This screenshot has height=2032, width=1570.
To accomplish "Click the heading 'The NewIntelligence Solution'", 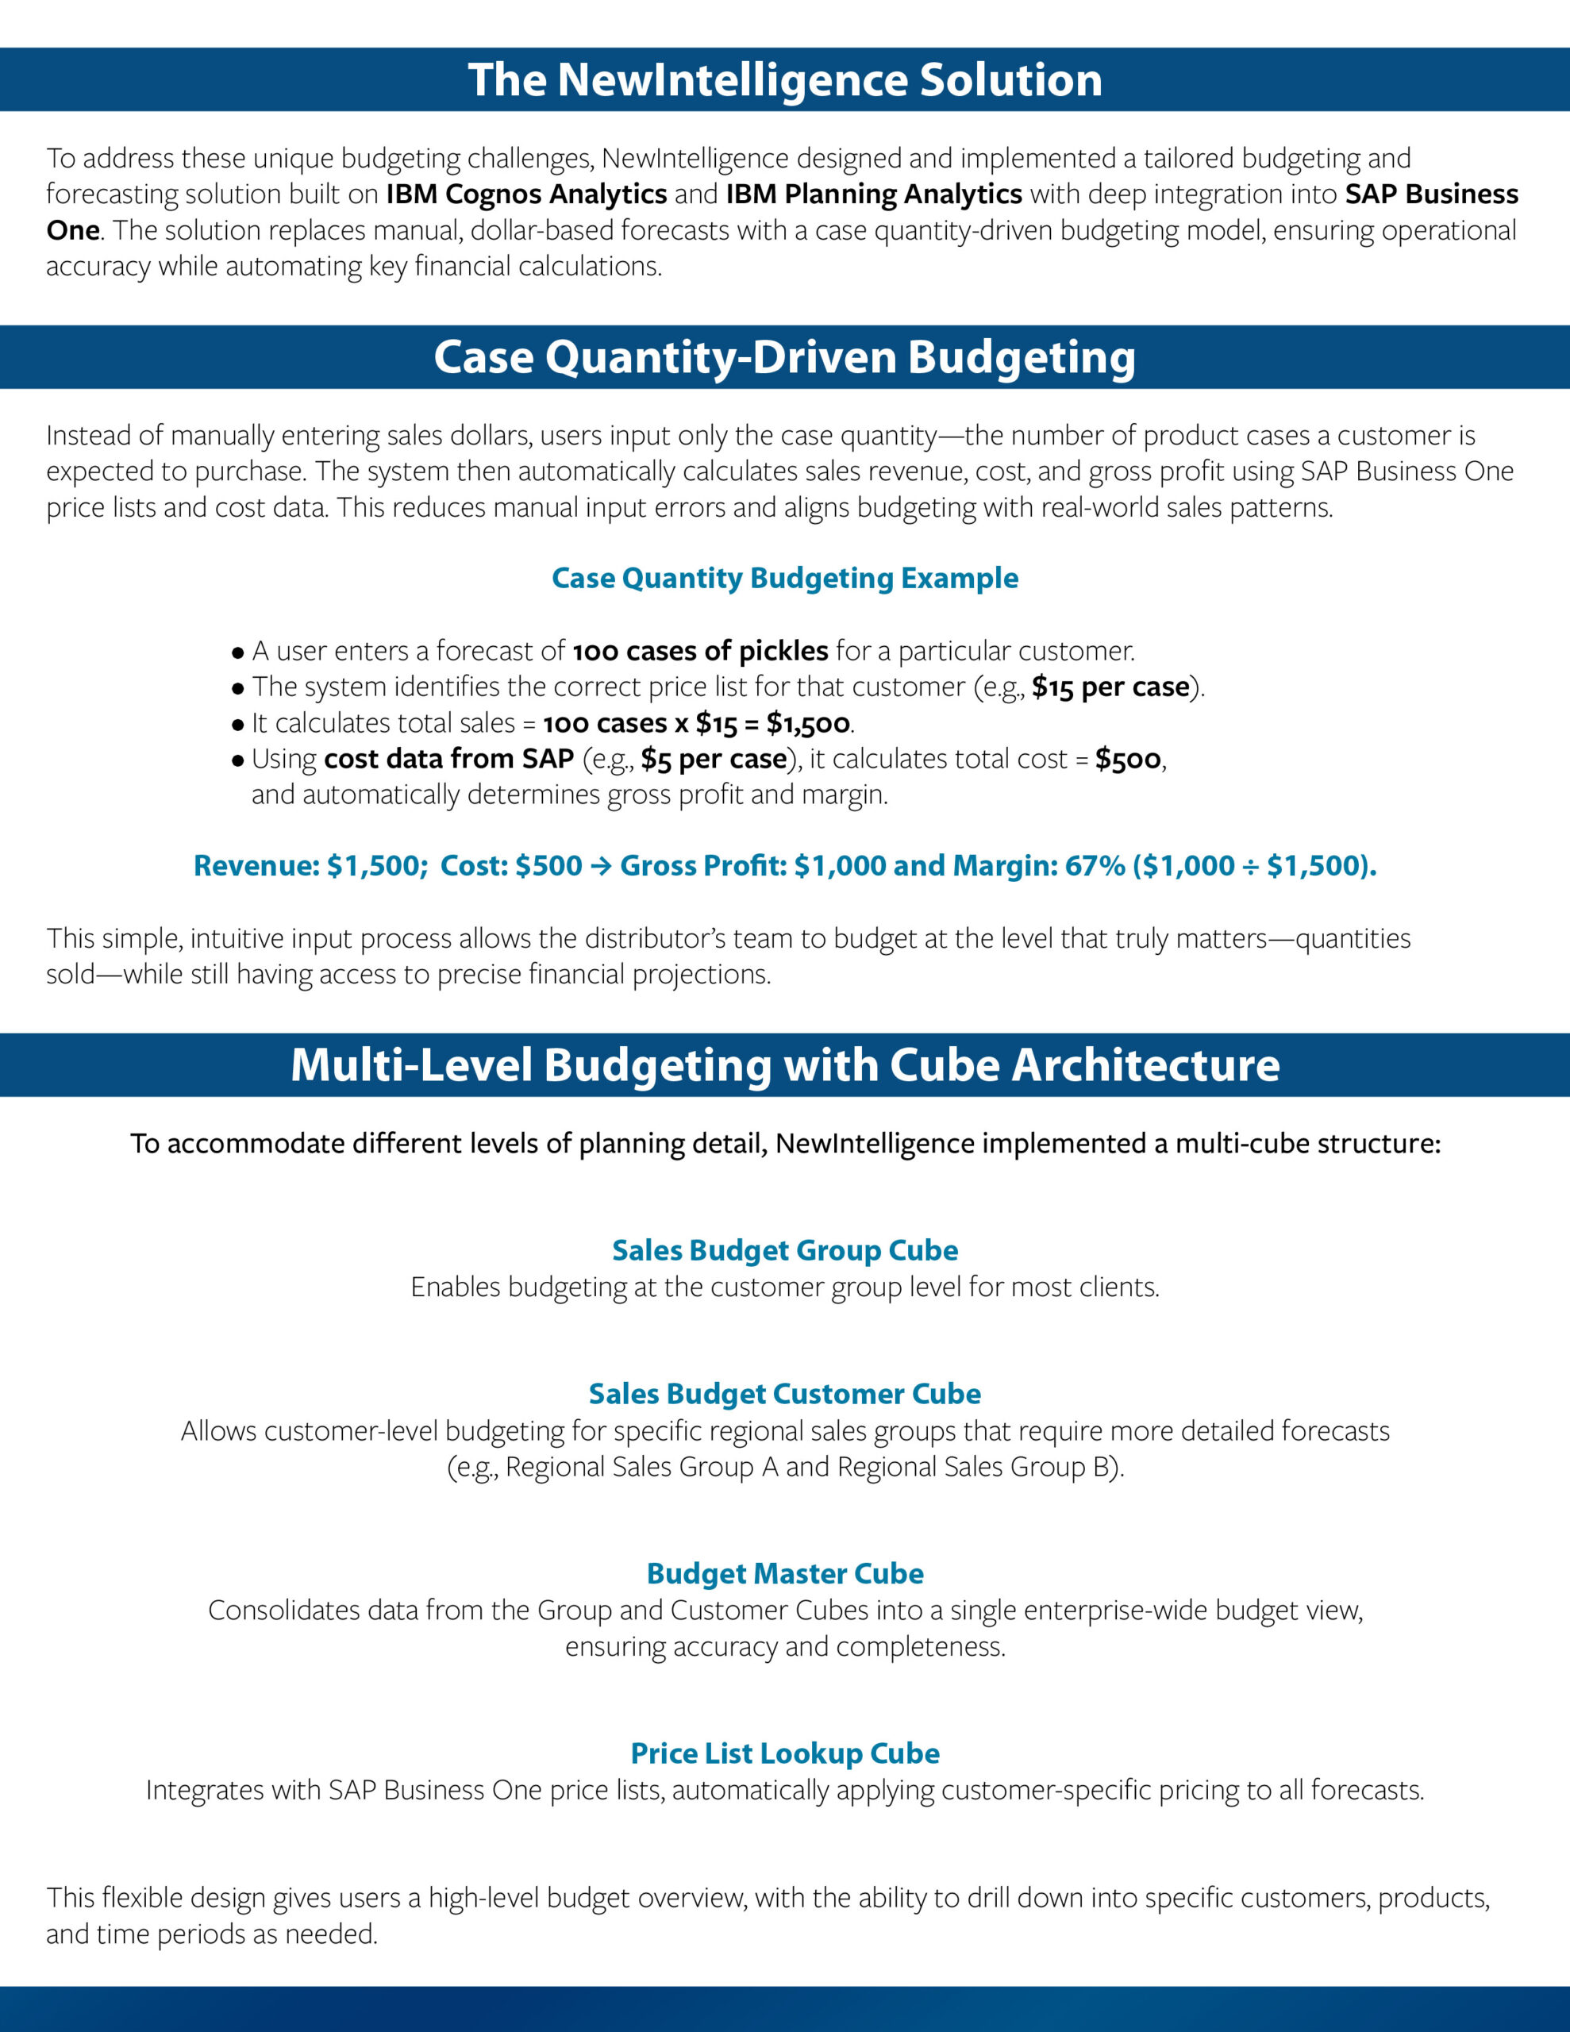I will (x=784, y=80).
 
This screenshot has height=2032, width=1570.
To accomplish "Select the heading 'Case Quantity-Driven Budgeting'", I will (x=784, y=357).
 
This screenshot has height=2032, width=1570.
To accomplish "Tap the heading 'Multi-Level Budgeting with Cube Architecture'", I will (x=784, y=1065).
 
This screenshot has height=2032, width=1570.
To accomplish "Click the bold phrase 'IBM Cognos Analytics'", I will (x=527, y=194).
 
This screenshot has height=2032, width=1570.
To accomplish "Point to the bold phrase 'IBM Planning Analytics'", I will (x=874, y=194).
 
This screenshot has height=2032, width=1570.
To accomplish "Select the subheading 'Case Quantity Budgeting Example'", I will (x=784, y=578).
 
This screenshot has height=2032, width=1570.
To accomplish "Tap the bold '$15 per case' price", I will (x=1110, y=687).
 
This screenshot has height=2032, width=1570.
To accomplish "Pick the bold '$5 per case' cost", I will (x=714, y=759).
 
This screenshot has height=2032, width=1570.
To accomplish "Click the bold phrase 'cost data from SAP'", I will (x=448, y=759).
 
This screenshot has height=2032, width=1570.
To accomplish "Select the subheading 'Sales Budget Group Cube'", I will (x=784, y=1250).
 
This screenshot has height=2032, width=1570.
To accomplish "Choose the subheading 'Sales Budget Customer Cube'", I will (x=784, y=1394).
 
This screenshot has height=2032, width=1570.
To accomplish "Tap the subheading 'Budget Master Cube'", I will (x=784, y=1573).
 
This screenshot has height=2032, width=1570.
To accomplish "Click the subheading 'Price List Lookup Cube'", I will (x=784, y=1754).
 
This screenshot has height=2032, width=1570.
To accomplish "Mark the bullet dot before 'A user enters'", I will (x=238, y=652).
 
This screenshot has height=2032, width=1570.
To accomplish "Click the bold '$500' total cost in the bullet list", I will (x=1128, y=759).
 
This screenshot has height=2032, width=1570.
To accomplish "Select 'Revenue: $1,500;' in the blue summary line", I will (x=311, y=866).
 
